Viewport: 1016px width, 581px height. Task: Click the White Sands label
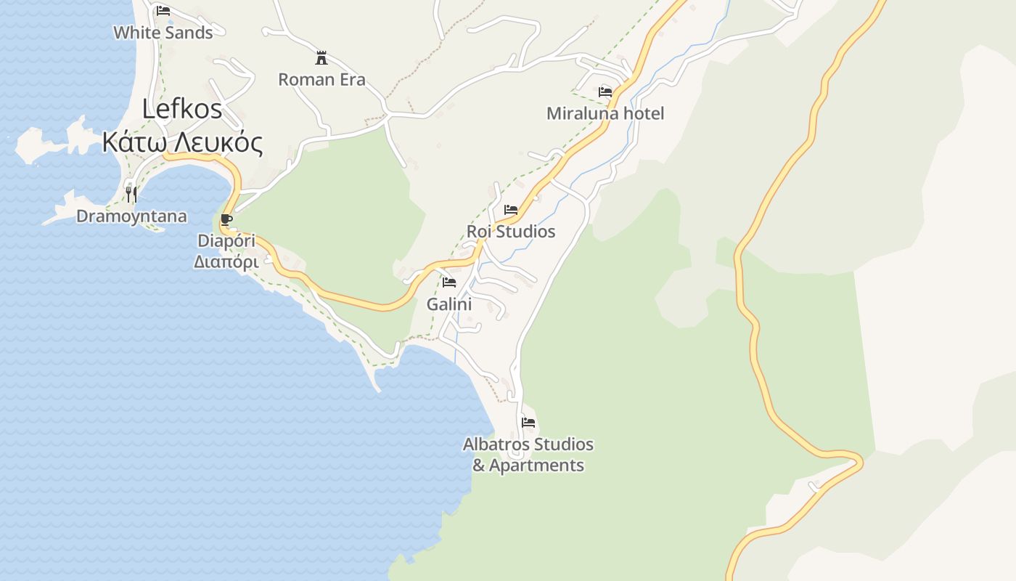(163, 33)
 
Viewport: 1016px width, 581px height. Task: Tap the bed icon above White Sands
(163, 11)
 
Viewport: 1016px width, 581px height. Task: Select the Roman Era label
(321, 79)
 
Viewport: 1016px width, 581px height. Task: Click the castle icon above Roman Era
(321, 58)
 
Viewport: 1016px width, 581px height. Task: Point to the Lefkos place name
(182, 109)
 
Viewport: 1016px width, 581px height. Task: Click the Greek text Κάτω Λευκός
(182, 142)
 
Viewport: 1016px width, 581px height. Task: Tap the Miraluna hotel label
(605, 113)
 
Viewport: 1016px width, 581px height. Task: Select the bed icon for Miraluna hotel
(605, 92)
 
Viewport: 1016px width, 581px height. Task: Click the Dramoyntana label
(131, 216)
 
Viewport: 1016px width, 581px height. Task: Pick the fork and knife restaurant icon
(131, 194)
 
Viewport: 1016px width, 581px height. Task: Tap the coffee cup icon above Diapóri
(226, 219)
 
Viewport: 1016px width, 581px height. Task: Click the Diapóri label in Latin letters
(226, 240)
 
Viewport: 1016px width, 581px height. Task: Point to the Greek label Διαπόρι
(226, 261)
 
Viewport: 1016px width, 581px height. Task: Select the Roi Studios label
(511, 232)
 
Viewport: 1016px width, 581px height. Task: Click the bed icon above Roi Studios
(511, 210)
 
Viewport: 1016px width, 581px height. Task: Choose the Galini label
(449, 304)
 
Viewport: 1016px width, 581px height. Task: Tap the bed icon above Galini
(449, 283)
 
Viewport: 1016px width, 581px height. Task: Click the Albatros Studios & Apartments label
(528, 455)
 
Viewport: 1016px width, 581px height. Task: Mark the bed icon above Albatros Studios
(528, 422)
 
